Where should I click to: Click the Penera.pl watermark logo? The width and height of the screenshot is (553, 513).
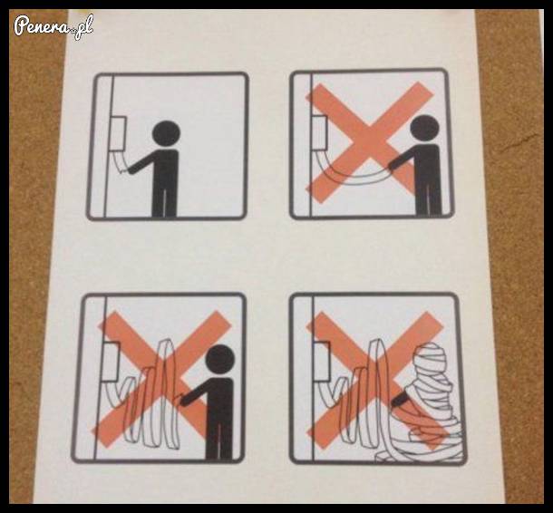(x=53, y=26)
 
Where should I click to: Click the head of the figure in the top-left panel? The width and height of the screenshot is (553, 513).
(x=166, y=133)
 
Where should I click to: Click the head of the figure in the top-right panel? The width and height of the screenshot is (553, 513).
(x=426, y=129)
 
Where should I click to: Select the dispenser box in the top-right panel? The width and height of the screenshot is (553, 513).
(x=320, y=132)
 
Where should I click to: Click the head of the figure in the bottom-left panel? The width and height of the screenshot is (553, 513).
(x=219, y=358)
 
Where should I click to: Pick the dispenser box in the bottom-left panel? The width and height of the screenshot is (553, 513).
(x=112, y=363)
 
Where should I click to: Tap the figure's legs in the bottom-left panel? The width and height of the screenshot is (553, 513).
(x=219, y=440)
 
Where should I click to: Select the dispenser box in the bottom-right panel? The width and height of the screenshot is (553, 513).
(x=323, y=362)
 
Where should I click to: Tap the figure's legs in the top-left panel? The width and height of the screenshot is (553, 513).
(x=164, y=201)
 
